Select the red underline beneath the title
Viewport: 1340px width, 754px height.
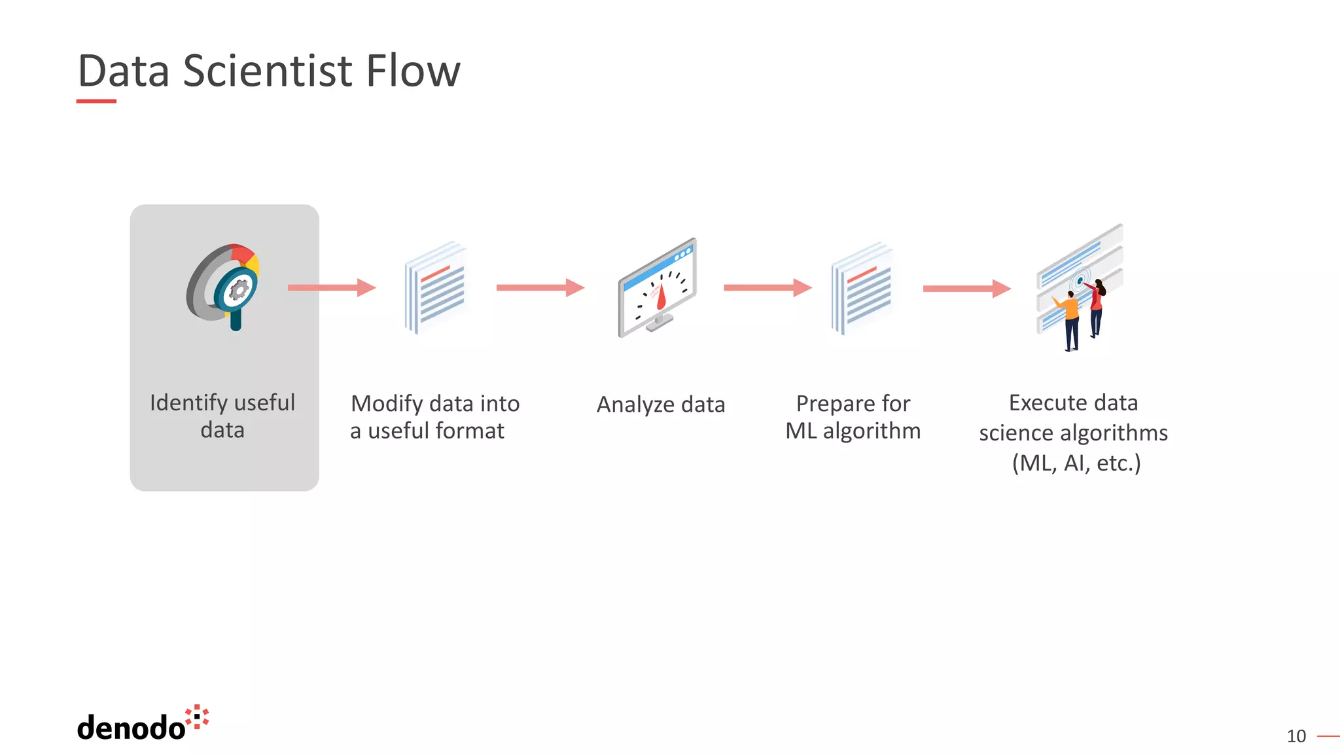click(x=96, y=101)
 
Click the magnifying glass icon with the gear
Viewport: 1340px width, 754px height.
click(x=226, y=287)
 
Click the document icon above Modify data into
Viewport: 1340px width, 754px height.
click(x=436, y=287)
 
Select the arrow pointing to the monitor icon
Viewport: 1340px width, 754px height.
click(x=540, y=287)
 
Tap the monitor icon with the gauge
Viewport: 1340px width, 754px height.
click(x=658, y=288)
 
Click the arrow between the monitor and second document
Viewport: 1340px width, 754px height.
click(x=767, y=287)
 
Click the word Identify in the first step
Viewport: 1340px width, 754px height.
click(x=188, y=403)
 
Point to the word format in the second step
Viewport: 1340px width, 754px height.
click(x=470, y=431)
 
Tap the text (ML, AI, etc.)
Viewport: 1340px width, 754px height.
click(x=1076, y=463)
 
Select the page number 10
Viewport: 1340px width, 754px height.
click(x=1296, y=736)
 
